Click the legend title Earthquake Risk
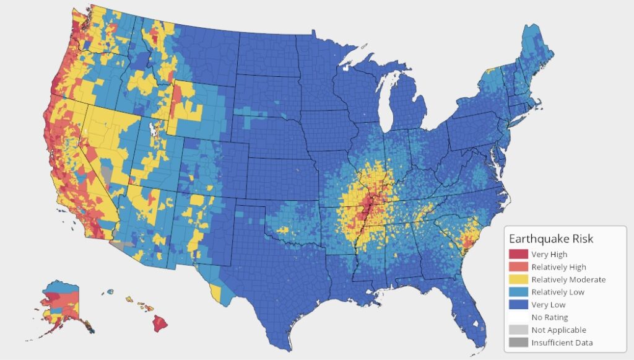pyautogui.click(x=552, y=239)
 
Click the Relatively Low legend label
pyautogui.click(x=557, y=292)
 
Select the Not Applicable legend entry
pyautogui.click(x=558, y=330)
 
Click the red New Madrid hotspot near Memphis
pyautogui.click(x=370, y=204)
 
